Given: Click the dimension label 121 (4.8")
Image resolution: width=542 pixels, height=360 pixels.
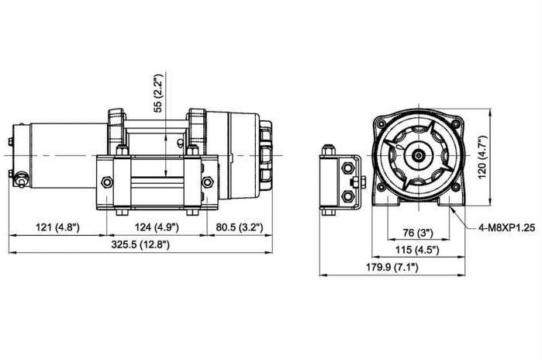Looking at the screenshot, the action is tap(57, 227).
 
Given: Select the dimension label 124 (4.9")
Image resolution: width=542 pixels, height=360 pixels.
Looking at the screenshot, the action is tap(157, 227).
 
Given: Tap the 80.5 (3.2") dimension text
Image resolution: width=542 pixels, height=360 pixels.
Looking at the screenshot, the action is tap(239, 227).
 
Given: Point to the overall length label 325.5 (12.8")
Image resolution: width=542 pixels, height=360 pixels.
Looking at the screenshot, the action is tap(140, 244).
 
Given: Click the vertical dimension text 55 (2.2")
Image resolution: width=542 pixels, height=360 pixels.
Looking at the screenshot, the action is tap(158, 92).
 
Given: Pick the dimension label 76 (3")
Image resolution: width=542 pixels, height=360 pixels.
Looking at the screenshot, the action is tap(418, 233).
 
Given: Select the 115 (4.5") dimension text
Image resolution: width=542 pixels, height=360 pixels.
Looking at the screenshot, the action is tap(417, 250).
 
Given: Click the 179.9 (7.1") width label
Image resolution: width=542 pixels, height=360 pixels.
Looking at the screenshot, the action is tap(392, 267).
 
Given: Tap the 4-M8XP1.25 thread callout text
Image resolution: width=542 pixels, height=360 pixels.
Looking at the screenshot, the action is tap(507, 227).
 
